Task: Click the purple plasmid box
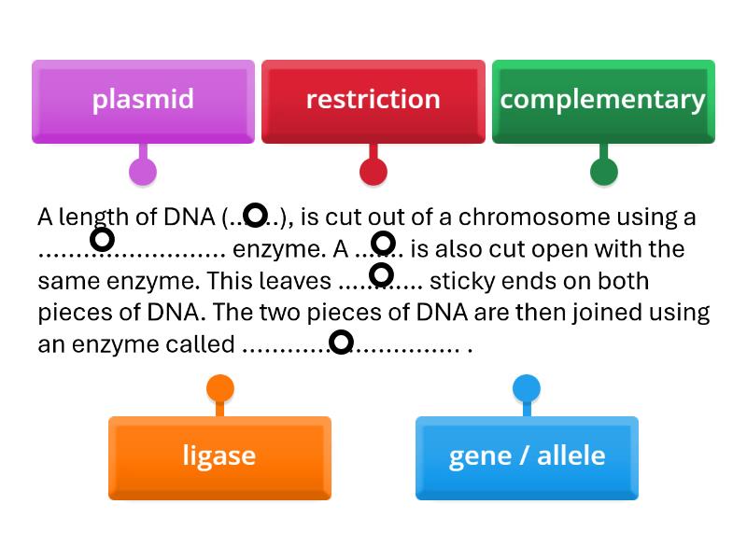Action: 143,101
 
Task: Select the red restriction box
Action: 373,101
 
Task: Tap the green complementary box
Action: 602,101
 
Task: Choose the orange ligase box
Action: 219,456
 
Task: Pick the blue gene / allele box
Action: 527,456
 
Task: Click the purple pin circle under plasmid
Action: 143,172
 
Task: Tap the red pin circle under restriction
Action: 373,172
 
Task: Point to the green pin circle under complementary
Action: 604,172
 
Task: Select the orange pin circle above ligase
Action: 219,388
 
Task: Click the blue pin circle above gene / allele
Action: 527,388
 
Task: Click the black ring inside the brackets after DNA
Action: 255,217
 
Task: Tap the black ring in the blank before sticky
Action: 381,274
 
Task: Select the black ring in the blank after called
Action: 342,343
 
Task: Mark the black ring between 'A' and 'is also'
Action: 383,244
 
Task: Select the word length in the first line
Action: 93,217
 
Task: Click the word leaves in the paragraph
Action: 293,281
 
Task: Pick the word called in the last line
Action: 203,344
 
